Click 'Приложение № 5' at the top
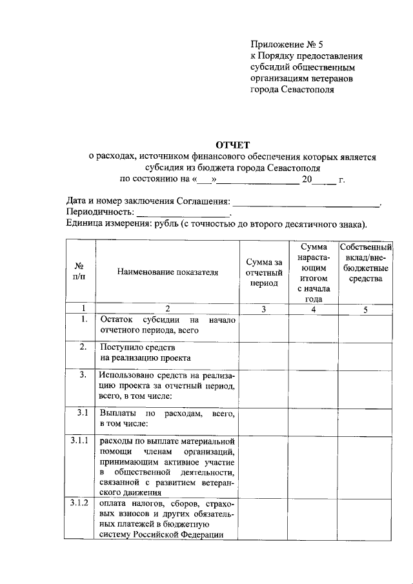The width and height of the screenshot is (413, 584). click(286, 45)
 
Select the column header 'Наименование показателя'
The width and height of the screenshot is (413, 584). click(168, 272)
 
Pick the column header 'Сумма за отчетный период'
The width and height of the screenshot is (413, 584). click(264, 272)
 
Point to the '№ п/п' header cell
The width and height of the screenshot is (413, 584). click(81, 272)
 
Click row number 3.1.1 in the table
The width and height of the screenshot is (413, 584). click(81, 441)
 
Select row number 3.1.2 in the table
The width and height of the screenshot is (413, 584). click(81, 503)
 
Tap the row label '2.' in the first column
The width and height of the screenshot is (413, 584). click(83, 347)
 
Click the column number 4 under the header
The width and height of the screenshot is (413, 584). click(313, 310)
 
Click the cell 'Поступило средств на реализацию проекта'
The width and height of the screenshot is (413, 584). click(168, 352)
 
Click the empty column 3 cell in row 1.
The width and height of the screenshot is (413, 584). click(264, 327)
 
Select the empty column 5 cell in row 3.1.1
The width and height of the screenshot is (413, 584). click(366, 466)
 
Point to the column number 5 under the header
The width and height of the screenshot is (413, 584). click(365, 310)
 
